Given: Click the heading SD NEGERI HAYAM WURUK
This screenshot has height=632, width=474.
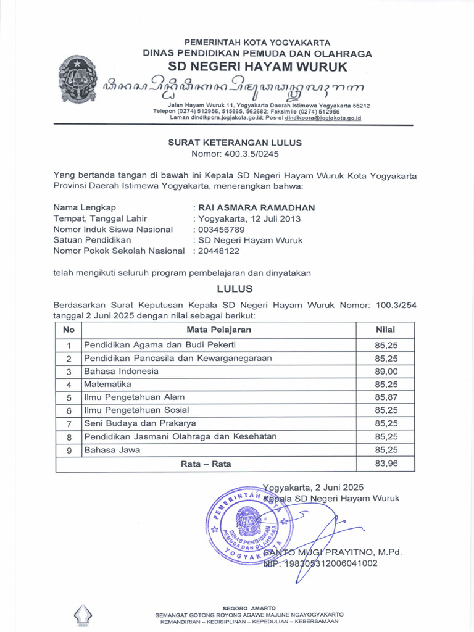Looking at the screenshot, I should coord(258,67).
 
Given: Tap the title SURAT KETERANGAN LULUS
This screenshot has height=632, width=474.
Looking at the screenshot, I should coord(235,143).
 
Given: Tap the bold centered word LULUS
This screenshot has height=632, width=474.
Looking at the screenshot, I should coord(235,289).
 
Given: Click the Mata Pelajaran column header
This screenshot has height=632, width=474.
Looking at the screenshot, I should coord(219,330).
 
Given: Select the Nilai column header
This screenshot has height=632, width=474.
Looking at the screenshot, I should coord(385,330).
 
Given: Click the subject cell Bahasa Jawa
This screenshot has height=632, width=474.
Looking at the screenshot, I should coord(112,450).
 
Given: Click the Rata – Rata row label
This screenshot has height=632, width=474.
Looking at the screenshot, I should coord(206,463).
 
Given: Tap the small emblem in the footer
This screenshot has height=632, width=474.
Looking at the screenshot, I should coord(83,615).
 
